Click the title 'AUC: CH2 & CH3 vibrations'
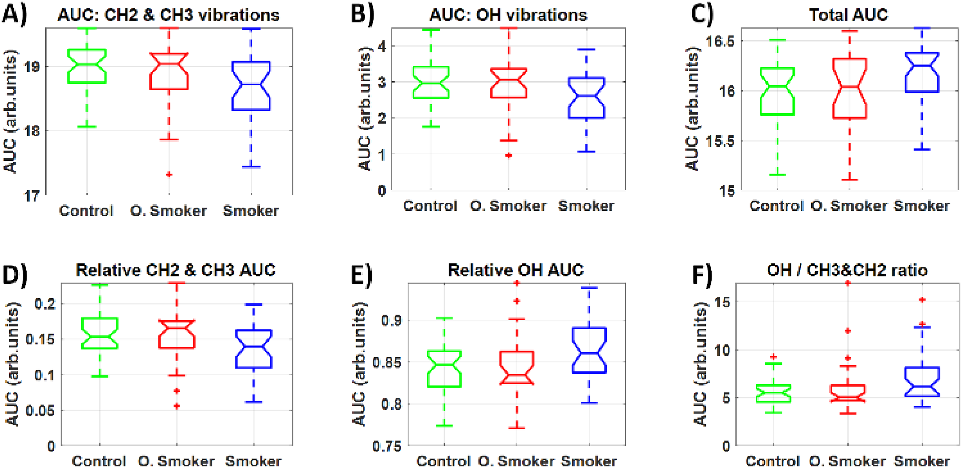click(168, 15)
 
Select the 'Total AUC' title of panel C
click(848, 15)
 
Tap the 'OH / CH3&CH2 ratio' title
click(847, 270)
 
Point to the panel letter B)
click(362, 15)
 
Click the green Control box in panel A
click(87, 66)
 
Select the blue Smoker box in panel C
click(922, 72)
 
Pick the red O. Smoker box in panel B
click(508, 83)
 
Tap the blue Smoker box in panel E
click(589, 350)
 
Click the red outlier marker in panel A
click(169, 174)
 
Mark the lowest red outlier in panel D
click(177, 406)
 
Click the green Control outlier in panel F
click(773, 357)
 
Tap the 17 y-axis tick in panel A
click(32, 195)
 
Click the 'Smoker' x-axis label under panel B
click(586, 206)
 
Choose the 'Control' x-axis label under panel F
click(772, 461)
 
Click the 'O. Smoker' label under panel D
click(176, 461)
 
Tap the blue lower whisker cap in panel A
click(251, 166)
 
